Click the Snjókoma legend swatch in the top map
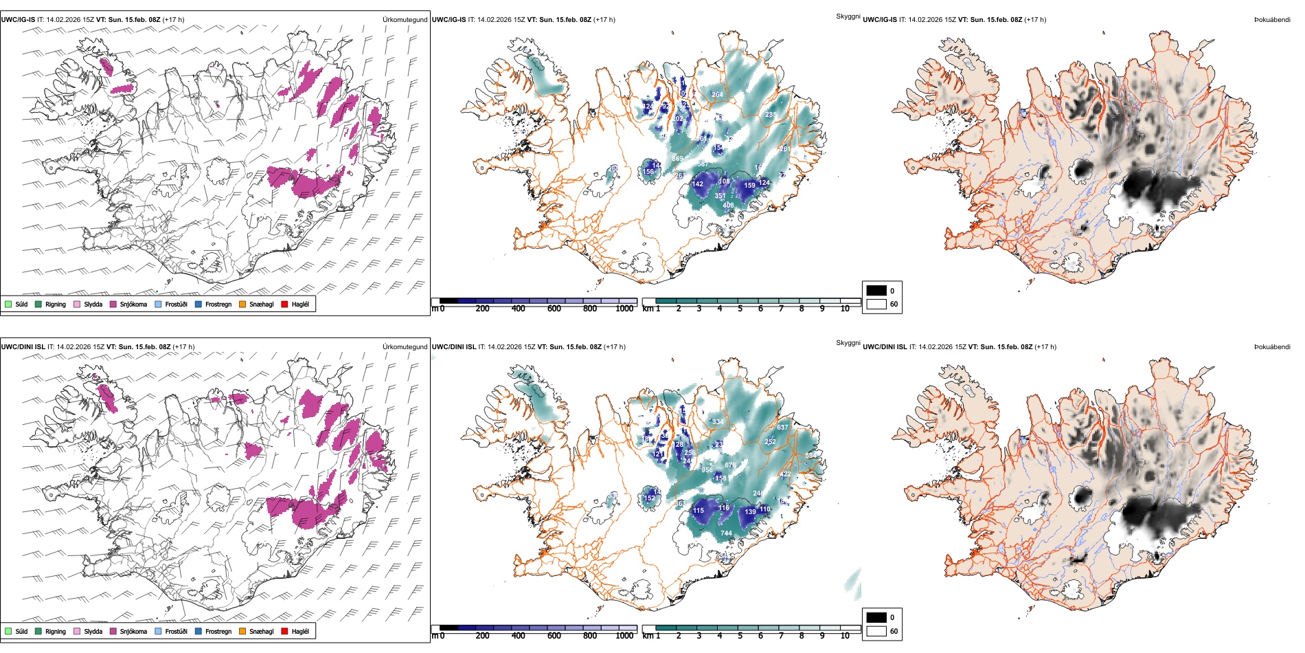113,304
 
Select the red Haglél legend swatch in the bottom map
284,631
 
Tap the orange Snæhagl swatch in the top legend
242,304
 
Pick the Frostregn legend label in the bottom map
218,631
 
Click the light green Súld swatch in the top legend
8,304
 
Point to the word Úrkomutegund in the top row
405,20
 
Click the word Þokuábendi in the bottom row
1272,346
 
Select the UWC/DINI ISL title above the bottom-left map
23,346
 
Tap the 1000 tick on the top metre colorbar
624,309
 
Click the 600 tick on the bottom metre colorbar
554,636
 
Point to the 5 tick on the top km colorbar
740,309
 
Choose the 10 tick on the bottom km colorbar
845,636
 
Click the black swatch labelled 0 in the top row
876,291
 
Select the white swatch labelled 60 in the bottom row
876,631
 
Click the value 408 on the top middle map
728,205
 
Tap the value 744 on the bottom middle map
726,533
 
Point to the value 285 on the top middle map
771,115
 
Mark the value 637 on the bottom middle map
782,428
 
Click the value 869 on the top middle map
677,159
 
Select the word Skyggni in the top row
848,16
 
